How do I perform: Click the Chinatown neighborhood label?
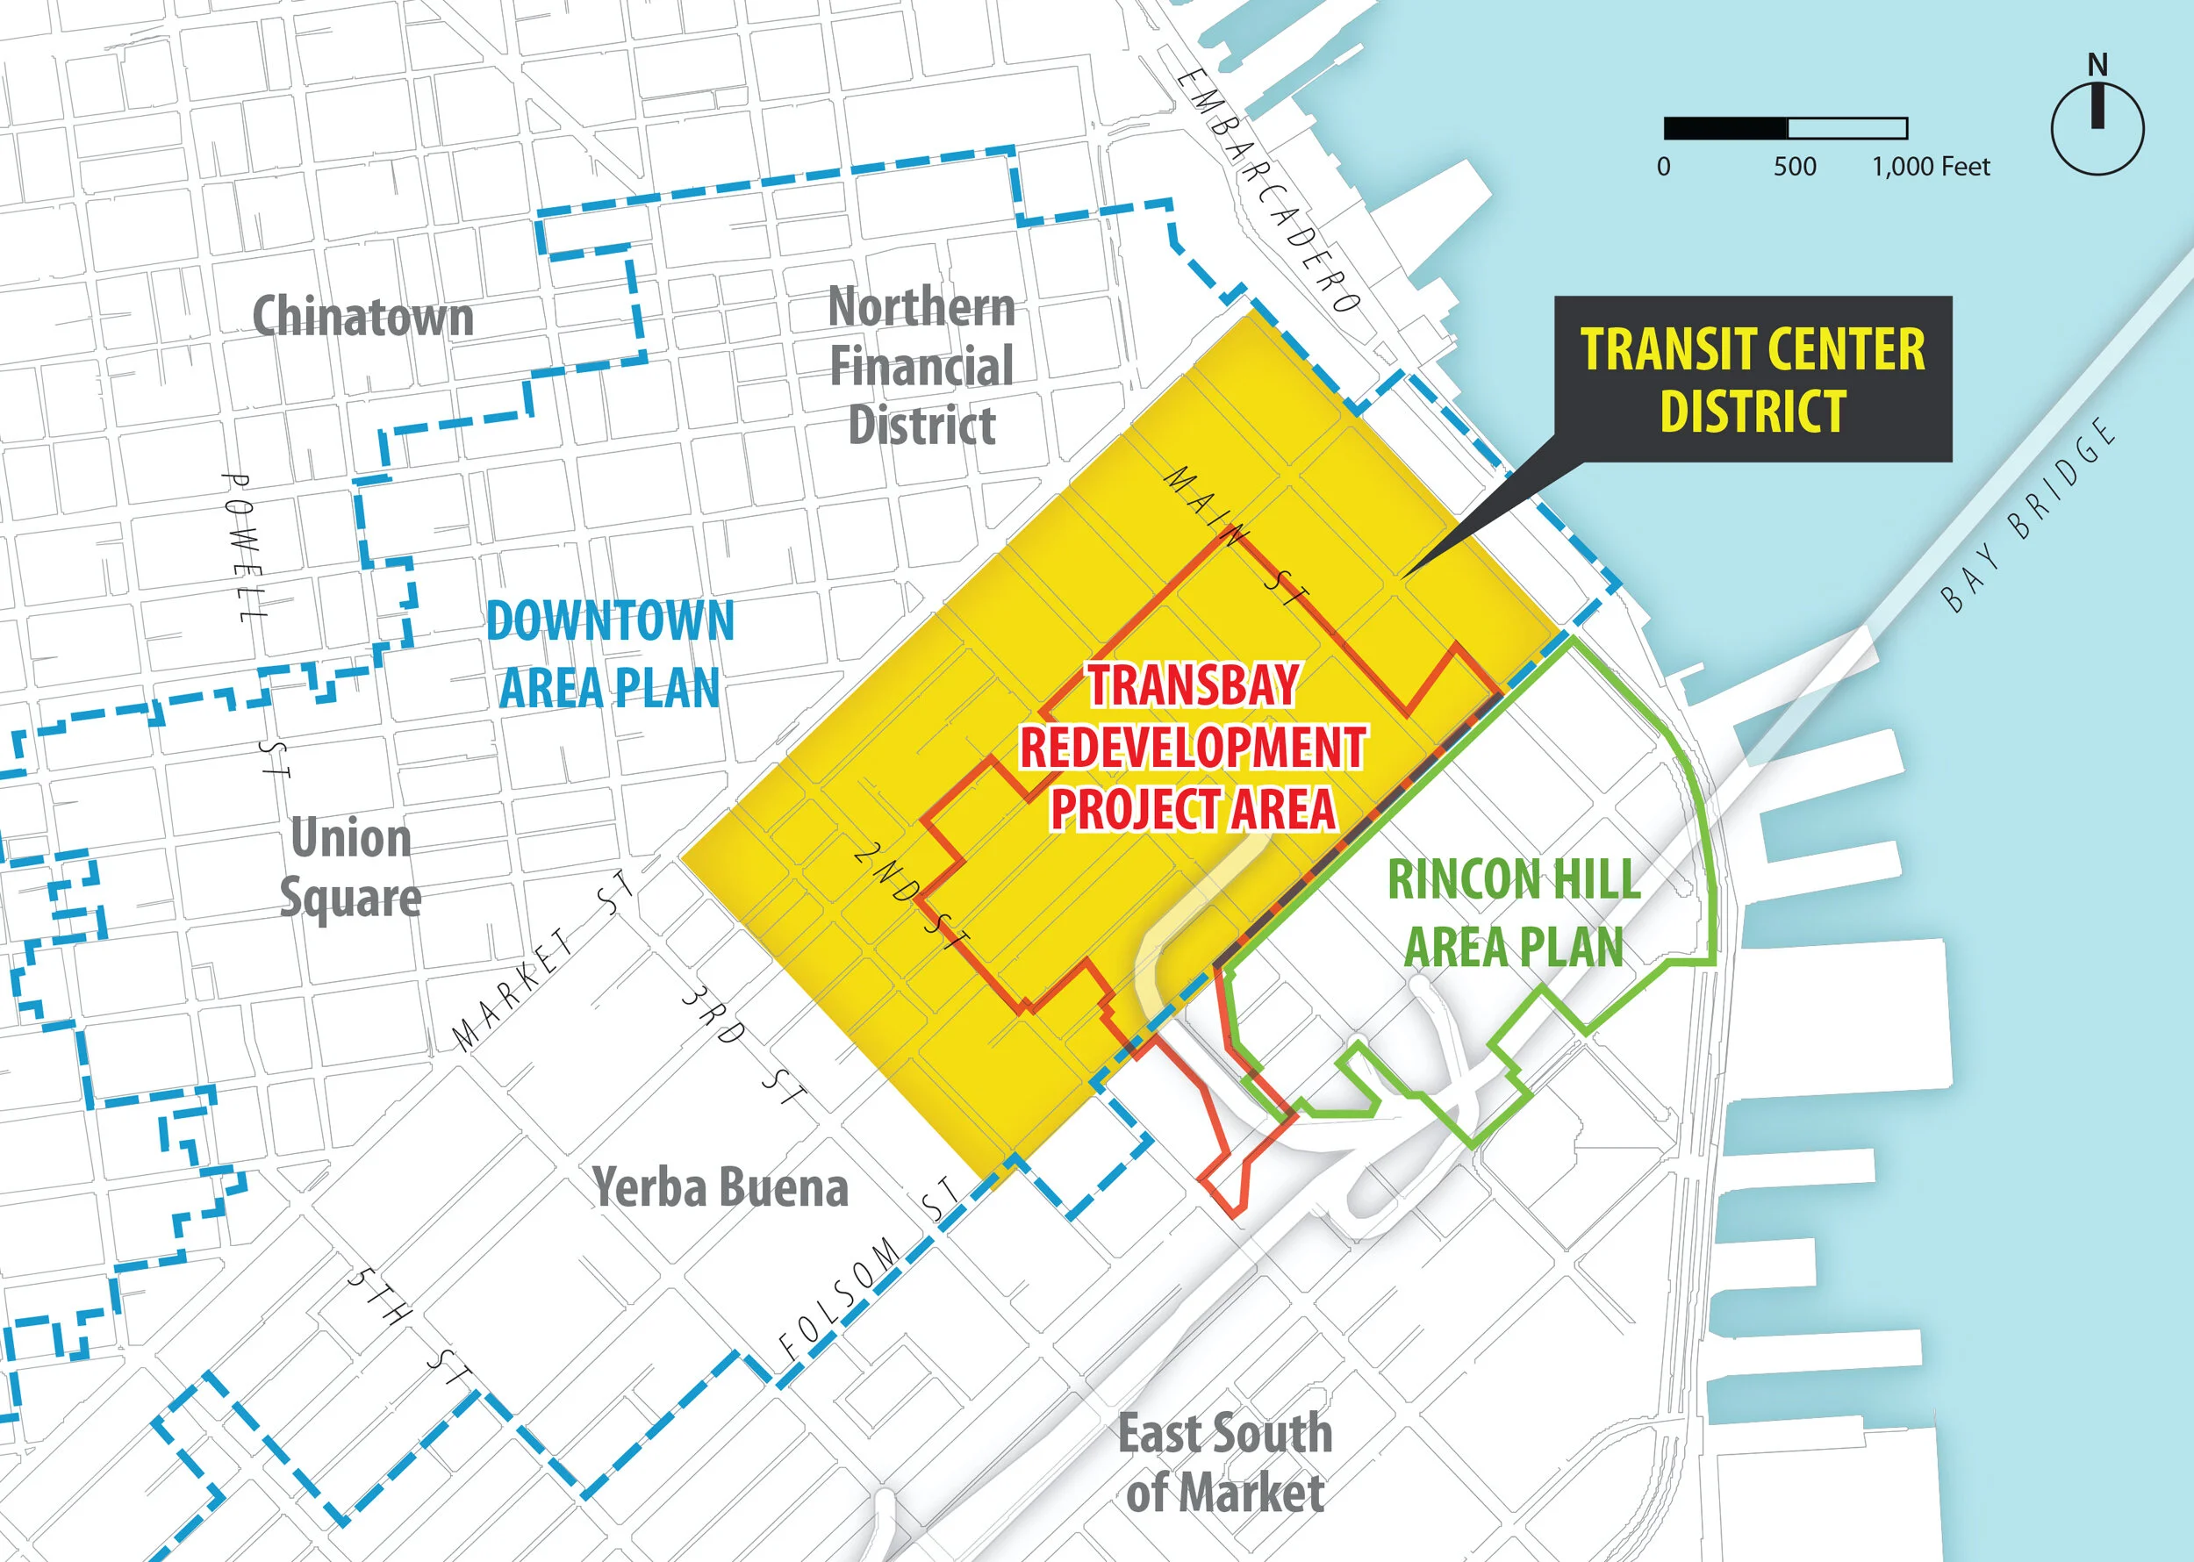point(362,317)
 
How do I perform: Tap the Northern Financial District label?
point(921,367)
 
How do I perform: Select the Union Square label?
point(351,868)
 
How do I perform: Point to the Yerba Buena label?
point(721,1188)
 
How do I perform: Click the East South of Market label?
point(1225,1463)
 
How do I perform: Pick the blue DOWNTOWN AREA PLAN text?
point(610,654)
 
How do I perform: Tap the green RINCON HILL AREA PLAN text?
point(1514,913)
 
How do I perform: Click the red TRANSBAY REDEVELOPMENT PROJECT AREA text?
point(1193,747)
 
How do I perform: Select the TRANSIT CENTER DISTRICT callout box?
point(1753,379)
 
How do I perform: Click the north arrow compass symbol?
point(2097,129)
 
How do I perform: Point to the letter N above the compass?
point(2097,66)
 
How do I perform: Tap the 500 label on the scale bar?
point(1795,167)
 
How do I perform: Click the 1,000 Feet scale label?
point(1931,167)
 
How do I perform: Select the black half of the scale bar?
point(1725,128)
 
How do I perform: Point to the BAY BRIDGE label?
point(2030,514)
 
